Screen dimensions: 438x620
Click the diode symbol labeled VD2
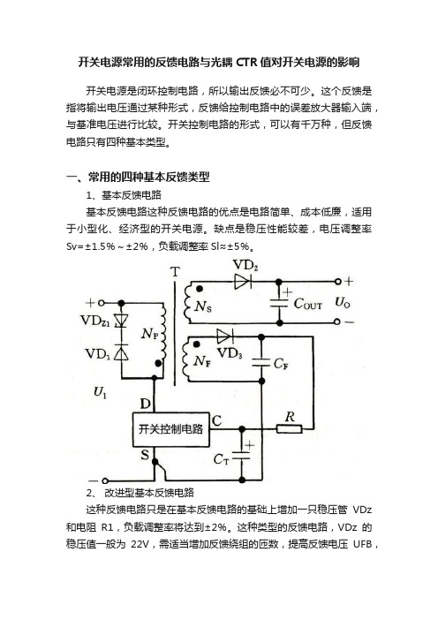(243, 282)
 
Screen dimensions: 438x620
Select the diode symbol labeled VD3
(224, 336)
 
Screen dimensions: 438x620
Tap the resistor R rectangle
(290, 428)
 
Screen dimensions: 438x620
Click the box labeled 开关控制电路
(170, 429)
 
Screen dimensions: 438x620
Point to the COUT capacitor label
(307, 304)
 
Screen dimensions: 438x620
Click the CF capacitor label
(281, 364)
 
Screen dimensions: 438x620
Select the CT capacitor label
(221, 459)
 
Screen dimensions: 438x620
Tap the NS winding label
(203, 306)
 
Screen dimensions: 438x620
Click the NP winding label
(150, 334)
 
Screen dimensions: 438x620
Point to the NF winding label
(202, 361)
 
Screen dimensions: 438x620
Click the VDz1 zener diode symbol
(121, 320)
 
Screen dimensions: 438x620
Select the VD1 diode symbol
(121, 352)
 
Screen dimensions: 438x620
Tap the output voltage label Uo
(343, 302)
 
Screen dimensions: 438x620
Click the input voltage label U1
(100, 392)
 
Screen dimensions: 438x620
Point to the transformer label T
(175, 272)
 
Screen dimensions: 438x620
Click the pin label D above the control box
(146, 404)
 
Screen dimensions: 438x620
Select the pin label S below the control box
(145, 455)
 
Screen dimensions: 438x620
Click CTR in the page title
(246, 63)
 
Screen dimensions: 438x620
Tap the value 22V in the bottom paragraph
(140, 544)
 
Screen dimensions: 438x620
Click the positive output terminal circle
(337, 282)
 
